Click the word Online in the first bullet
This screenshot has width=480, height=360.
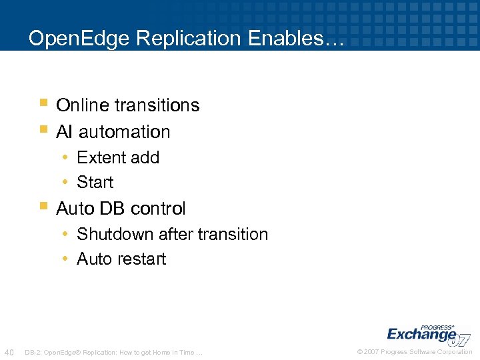pos(83,105)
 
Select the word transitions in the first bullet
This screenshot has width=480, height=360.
pos(157,105)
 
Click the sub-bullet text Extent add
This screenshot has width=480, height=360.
pos(118,158)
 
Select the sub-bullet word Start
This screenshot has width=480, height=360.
pos(95,182)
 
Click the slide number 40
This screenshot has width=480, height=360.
pos(9,351)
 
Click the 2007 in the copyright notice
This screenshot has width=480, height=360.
pos(371,351)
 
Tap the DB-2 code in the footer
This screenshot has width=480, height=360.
pos(33,351)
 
